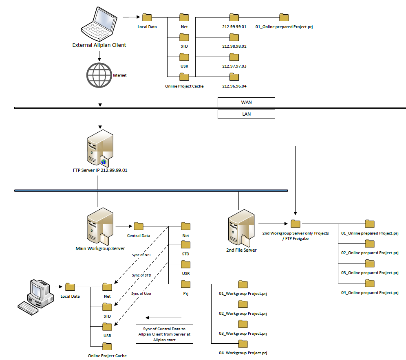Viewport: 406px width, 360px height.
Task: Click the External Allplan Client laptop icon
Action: [99, 24]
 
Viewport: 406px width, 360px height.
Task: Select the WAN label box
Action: [246, 102]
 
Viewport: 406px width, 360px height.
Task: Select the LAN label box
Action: [246, 114]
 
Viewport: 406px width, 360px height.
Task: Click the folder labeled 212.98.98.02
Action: [234, 37]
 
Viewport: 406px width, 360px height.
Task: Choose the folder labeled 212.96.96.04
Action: [234, 77]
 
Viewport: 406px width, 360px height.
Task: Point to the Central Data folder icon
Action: [139, 226]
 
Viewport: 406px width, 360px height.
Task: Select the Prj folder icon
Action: [185, 283]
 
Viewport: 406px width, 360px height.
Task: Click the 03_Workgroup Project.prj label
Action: [243, 334]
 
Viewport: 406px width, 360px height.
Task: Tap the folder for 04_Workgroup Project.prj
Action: [243, 343]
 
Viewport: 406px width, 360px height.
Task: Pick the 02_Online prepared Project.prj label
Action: [370, 253]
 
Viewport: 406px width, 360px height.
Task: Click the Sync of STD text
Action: [141, 275]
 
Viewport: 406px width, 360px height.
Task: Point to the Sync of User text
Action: [141, 293]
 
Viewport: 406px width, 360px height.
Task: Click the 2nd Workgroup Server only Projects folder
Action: [296, 224]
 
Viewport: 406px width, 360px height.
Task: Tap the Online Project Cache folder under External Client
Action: [184, 77]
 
